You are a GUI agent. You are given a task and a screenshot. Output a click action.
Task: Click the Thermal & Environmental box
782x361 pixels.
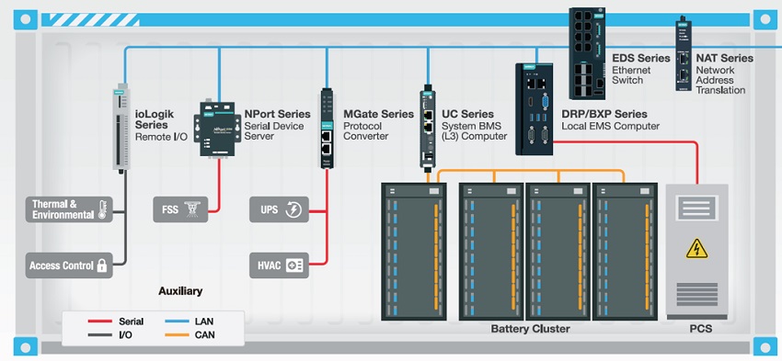click(x=69, y=209)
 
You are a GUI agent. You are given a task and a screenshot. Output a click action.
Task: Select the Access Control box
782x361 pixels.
click(x=69, y=265)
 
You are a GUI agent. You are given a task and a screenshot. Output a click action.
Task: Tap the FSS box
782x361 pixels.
click(x=180, y=209)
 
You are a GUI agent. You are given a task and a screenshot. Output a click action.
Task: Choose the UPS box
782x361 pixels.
click(x=280, y=209)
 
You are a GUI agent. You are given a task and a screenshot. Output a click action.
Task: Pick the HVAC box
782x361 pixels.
click(x=280, y=265)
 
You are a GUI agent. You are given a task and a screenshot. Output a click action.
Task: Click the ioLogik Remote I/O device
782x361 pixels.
click(x=120, y=127)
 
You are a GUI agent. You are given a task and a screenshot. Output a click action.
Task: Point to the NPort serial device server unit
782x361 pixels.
click(x=217, y=130)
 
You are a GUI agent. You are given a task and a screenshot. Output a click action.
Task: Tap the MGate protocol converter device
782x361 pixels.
click(x=327, y=129)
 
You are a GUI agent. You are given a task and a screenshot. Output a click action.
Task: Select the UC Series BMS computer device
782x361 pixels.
click(x=428, y=128)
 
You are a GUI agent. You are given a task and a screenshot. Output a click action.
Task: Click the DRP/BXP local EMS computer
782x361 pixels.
click(x=535, y=109)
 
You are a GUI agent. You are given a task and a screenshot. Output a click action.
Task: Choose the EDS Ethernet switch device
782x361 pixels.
click(x=587, y=53)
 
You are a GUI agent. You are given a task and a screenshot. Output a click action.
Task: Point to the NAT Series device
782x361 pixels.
click(x=683, y=54)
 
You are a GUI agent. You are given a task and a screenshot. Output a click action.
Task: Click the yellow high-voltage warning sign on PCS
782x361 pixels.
click(x=696, y=248)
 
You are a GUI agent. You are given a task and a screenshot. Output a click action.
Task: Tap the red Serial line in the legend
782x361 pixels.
click(x=99, y=322)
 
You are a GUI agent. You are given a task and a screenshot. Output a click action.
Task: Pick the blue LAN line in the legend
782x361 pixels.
click(x=177, y=322)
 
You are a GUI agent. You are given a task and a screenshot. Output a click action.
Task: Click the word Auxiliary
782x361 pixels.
click(x=180, y=291)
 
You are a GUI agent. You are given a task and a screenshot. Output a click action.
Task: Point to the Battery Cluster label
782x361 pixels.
click(x=530, y=329)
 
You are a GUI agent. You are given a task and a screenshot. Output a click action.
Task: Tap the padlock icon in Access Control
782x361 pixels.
click(x=102, y=265)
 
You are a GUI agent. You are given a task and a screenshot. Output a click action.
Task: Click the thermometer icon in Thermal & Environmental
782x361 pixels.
click(x=103, y=209)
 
